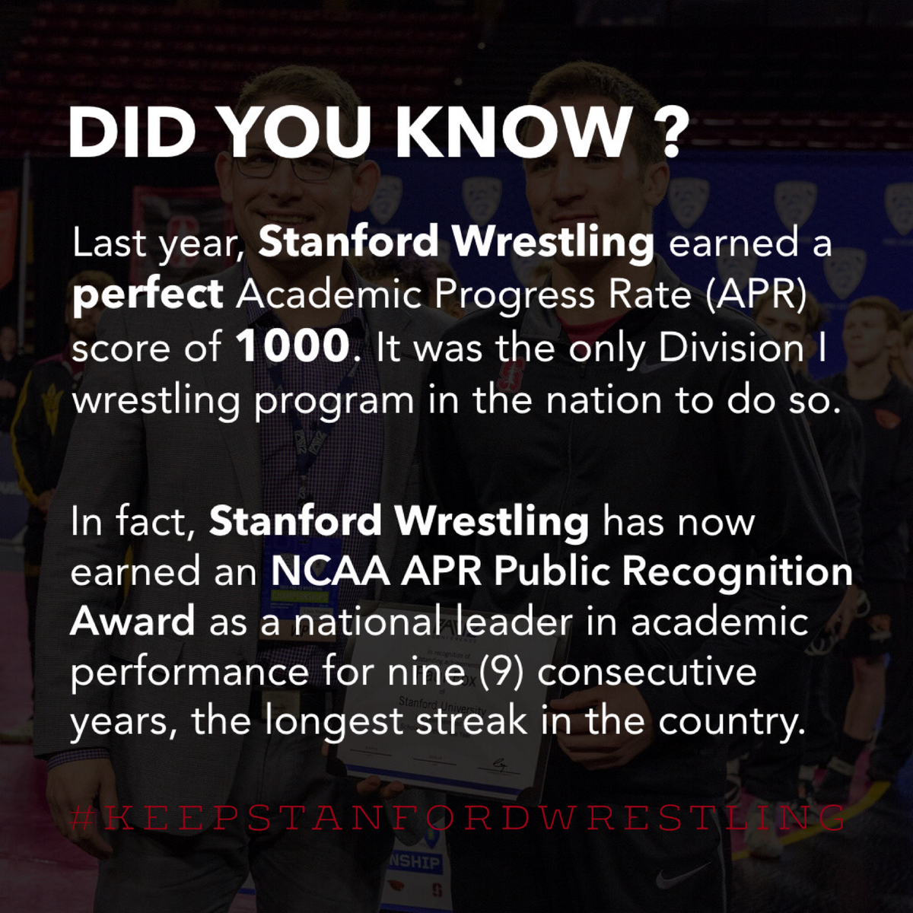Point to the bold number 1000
pyautogui.click(x=291, y=347)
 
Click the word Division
pyautogui.click(x=730, y=347)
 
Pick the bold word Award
pyautogui.click(x=133, y=622)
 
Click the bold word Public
pyautogui.click(x=553, y=572)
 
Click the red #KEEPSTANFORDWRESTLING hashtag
pyautogui.click(x=456, y=818)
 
